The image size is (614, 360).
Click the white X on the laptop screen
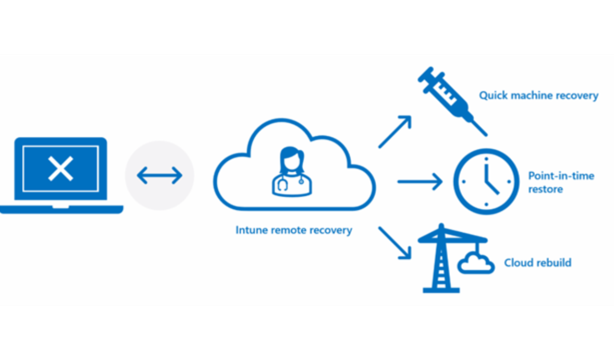(x=60, y=168)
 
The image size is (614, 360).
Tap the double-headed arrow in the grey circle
(x=159, y=176)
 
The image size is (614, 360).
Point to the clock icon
(x=486, y=182)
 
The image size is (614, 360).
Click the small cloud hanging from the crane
(x=475, y=264)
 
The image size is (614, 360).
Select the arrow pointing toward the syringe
(x=395, y=131)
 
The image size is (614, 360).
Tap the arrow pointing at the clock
(x=419, y=181)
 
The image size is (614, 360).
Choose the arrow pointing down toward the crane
(x=395, y=242)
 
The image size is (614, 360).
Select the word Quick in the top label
(x=493, y=96)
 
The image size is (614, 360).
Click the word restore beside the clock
(x=545, y=189)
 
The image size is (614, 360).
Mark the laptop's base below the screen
(x=61, y=209)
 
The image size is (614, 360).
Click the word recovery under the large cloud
(x=331, y=230)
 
